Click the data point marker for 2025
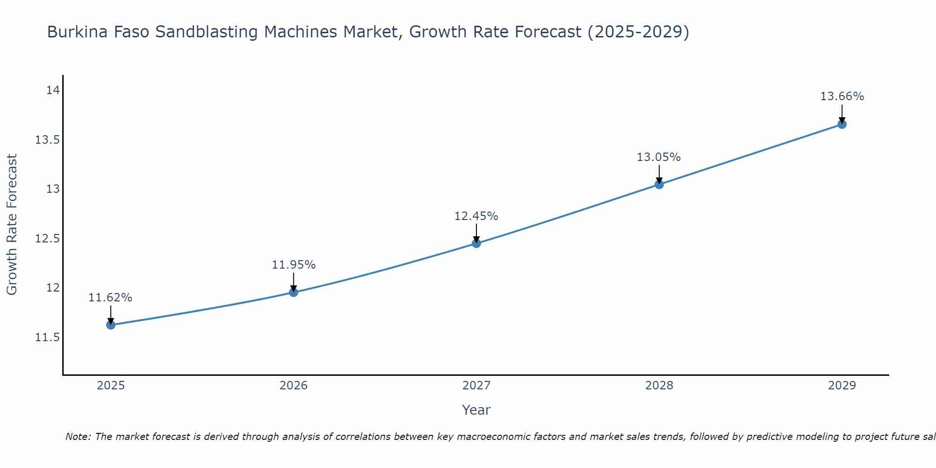pyautogui.click(x=111, y=325)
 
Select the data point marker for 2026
pyautogui.click(x=293, y=292)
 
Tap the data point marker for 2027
pyautogui.click(x=476, y=243)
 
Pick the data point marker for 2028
pyautogui.click(x=659, y=184)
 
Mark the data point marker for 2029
pyautogui.click(x=842, y=124)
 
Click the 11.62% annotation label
pyautogui.click(x=110, y=298)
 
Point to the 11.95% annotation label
pyautogui.click(x=293, y=265)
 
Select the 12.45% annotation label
pyautogui.click(x=476, y=216)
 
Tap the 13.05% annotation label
pyautogui.click(x=658, y=157)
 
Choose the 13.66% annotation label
pyautogui.click(x=842, y=96)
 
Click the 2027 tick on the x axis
pyautogui.click(x=476, y=386)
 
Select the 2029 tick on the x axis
pyautogui.click(x=842, y=386)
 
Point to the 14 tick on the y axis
pyautogui.click(x=53, y=90)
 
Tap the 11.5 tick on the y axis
pyautogui.click(x=48, y=337)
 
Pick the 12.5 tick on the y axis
pyautogui.click(x=48, y=239)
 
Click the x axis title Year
pyautogui.click(x=476, y=410)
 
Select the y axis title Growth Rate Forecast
pyautogui.click(x=12, y=225)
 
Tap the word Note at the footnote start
pyautogui.click(x=78, y=437)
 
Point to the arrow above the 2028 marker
pyautogui.click(x=659, y=173)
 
